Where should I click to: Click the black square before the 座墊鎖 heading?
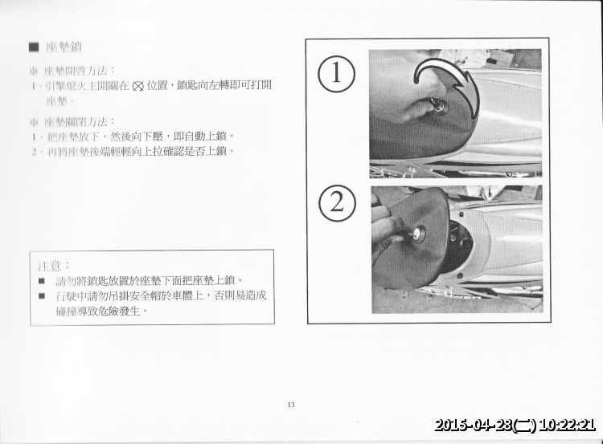(33, 47)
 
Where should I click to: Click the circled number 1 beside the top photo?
(336, 74)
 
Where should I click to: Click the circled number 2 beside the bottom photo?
(336, 204)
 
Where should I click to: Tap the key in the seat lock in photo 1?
(439, 105)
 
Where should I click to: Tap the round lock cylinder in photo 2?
(418, 234)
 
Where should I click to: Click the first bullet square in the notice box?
(42, 281)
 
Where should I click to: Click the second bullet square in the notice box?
(42, 295)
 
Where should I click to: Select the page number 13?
(290, 404)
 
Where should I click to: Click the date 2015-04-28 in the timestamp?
(474, 426)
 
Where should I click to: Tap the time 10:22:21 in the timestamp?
(567, 426)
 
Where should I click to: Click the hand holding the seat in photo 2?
(386, 229)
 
